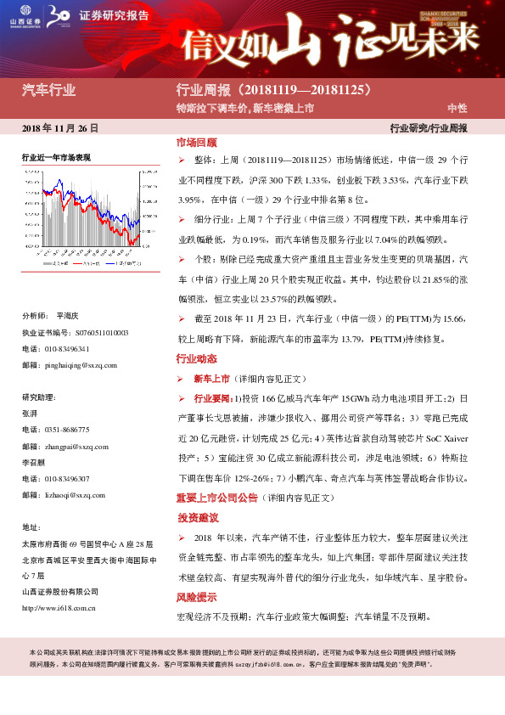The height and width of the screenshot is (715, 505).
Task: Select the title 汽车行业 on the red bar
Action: point(48,90)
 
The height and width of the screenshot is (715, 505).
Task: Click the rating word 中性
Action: point(457,109)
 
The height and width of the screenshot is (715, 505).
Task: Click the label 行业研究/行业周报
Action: point(428,128)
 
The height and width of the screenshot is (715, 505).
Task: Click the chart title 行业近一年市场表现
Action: point(56,158)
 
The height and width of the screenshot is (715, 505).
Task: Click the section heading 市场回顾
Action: point(196,143)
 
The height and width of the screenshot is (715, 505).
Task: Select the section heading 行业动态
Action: point(196,359)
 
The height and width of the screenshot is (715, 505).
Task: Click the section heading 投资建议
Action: point(198,518)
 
